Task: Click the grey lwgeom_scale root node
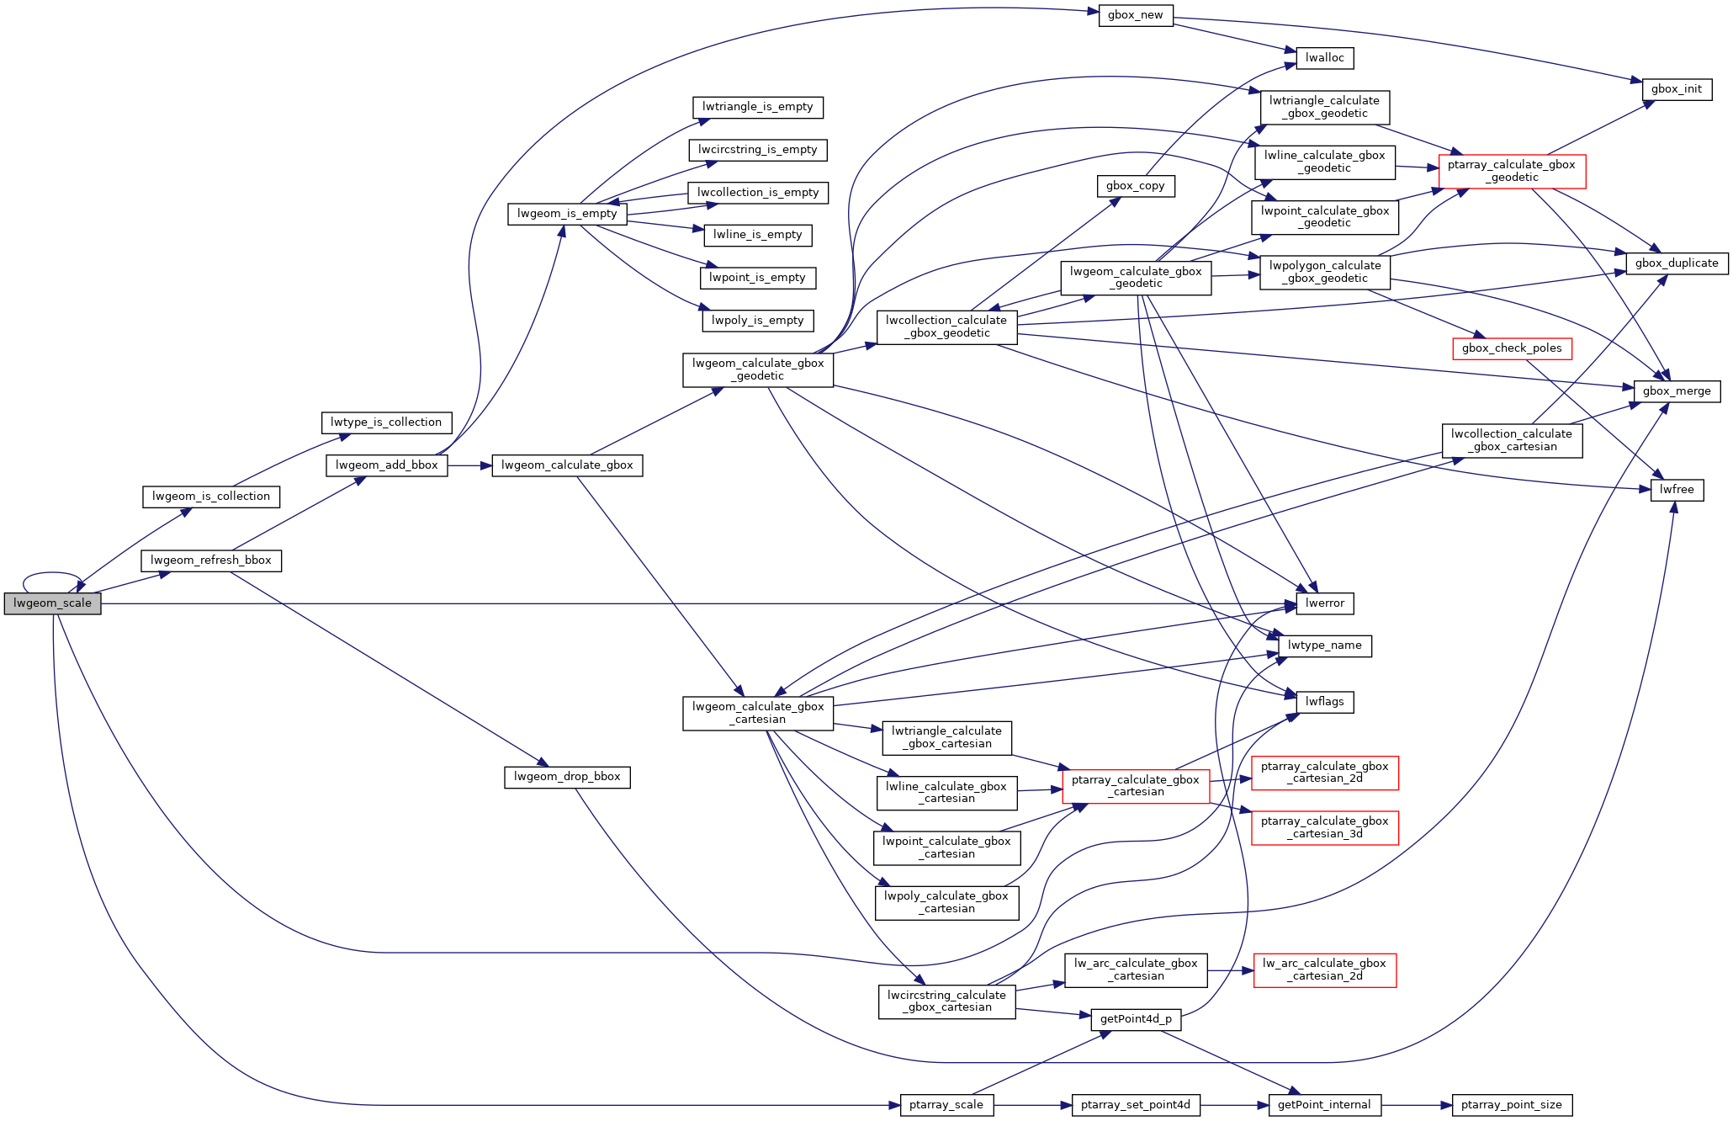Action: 52,603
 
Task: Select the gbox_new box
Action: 1135,15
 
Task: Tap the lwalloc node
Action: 1325,58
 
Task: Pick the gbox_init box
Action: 1676,89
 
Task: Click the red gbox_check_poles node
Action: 1511,348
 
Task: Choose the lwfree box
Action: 1677,490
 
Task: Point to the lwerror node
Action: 1324,603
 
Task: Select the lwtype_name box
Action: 1324,646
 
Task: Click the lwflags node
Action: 1324,702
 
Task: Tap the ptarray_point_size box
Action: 1511,1105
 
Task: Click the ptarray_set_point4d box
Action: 1135,1105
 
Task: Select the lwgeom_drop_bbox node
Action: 567,777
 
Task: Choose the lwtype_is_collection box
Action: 386,422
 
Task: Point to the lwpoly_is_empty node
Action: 757,321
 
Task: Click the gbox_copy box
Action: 1135,186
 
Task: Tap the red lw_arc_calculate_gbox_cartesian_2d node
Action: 1324,970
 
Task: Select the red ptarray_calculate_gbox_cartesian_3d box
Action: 1324,827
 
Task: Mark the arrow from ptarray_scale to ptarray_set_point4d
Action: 1032,1105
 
